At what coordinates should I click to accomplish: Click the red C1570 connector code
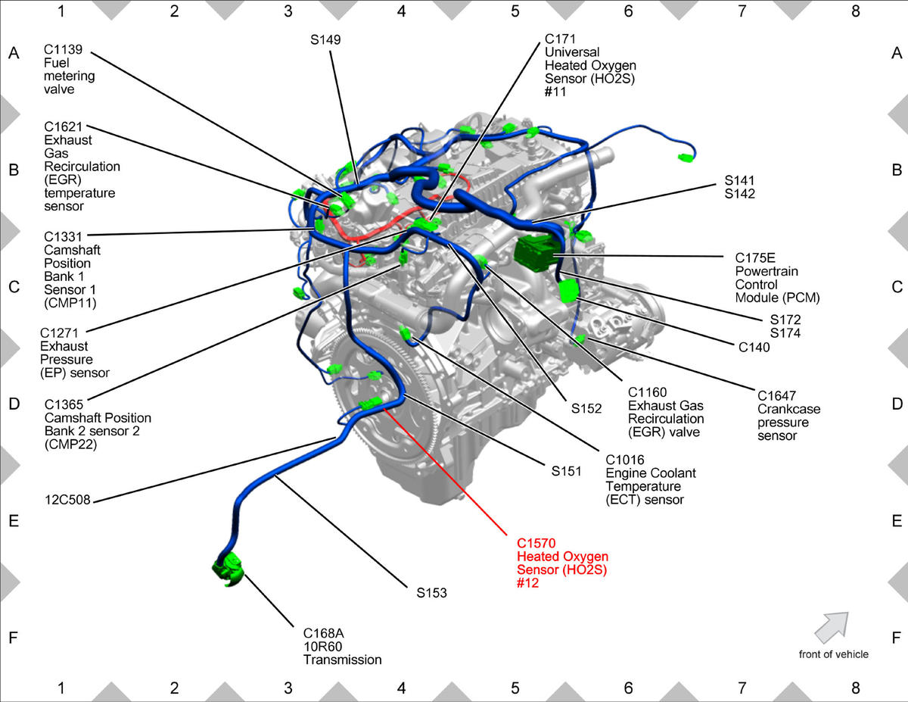pos(536,543)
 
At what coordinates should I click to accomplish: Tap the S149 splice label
pos(325,39)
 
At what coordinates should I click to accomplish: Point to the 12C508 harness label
pos(67,500)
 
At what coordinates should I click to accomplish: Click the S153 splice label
pos(431,592)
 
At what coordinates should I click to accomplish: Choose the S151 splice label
pos(566,471)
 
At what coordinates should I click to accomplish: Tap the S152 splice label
pos(586,408)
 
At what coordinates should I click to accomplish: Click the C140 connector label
pos(754,347)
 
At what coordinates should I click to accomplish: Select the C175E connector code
pos(754,257)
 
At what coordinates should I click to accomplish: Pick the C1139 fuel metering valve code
pos(63,49)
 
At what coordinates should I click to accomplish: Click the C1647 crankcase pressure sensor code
pos(776,395)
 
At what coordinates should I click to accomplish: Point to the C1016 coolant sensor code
pos(625,460)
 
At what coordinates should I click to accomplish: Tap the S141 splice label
pos(739,181)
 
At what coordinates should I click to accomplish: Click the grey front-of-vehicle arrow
pos(832,627)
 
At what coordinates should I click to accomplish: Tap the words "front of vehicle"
pos(834,654)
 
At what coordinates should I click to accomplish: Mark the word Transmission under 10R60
pos(342,660)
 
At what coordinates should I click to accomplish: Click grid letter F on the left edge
pos(14,638)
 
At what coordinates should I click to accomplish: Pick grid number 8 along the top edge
pos(855,11)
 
